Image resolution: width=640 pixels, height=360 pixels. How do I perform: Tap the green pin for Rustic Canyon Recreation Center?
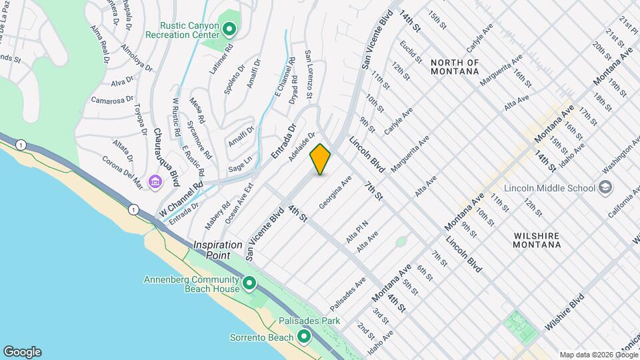(x=229, y=29)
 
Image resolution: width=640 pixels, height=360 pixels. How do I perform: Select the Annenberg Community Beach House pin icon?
(x=249, y=284)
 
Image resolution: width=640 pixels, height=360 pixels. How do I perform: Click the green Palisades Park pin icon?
(x=304, y=335)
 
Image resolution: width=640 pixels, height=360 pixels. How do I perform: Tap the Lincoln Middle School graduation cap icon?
(x=605, y=188)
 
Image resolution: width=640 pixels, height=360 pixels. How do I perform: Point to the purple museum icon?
(x=155, y=181)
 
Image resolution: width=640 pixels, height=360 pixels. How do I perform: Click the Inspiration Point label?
(x=221, y=250)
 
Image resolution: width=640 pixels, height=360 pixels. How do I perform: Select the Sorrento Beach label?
(x=262, y=337)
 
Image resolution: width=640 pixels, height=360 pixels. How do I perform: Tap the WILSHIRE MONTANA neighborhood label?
(x=537, y=241)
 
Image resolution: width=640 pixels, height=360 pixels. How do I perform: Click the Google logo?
(x=22, y=352)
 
